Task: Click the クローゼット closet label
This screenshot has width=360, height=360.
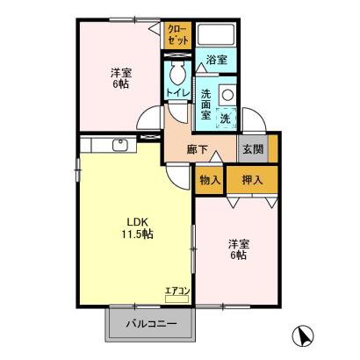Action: click(177, 34)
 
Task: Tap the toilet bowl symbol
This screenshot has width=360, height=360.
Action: click(177, 72)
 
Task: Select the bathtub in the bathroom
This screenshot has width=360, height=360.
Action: click(216, 33)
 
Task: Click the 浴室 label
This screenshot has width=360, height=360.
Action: click(217, 60)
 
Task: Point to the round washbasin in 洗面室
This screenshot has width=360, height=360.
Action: click(227, 95)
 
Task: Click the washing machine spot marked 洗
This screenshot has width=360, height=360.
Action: click(226, 118)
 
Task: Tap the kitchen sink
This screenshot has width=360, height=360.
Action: click(120, 145)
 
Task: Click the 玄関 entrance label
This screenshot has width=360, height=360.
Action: click(253, 149)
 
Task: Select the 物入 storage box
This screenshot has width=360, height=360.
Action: click(209, 180)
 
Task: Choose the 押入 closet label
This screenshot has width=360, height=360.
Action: click(252, 180)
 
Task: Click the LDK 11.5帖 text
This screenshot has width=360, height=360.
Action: click(138, 227)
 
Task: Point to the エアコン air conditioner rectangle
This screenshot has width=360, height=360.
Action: click(176, 299)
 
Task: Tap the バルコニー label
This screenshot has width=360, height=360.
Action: click(152, 324)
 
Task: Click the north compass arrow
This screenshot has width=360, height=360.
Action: click(304, 335)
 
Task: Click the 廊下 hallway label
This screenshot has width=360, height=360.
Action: click(198, 150)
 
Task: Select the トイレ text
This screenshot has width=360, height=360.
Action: click(178, 93)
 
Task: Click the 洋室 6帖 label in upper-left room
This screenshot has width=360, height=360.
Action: click(121, 78)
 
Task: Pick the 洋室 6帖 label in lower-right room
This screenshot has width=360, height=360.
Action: click(239, 249)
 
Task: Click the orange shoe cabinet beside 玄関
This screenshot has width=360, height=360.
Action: click(273, 148)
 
